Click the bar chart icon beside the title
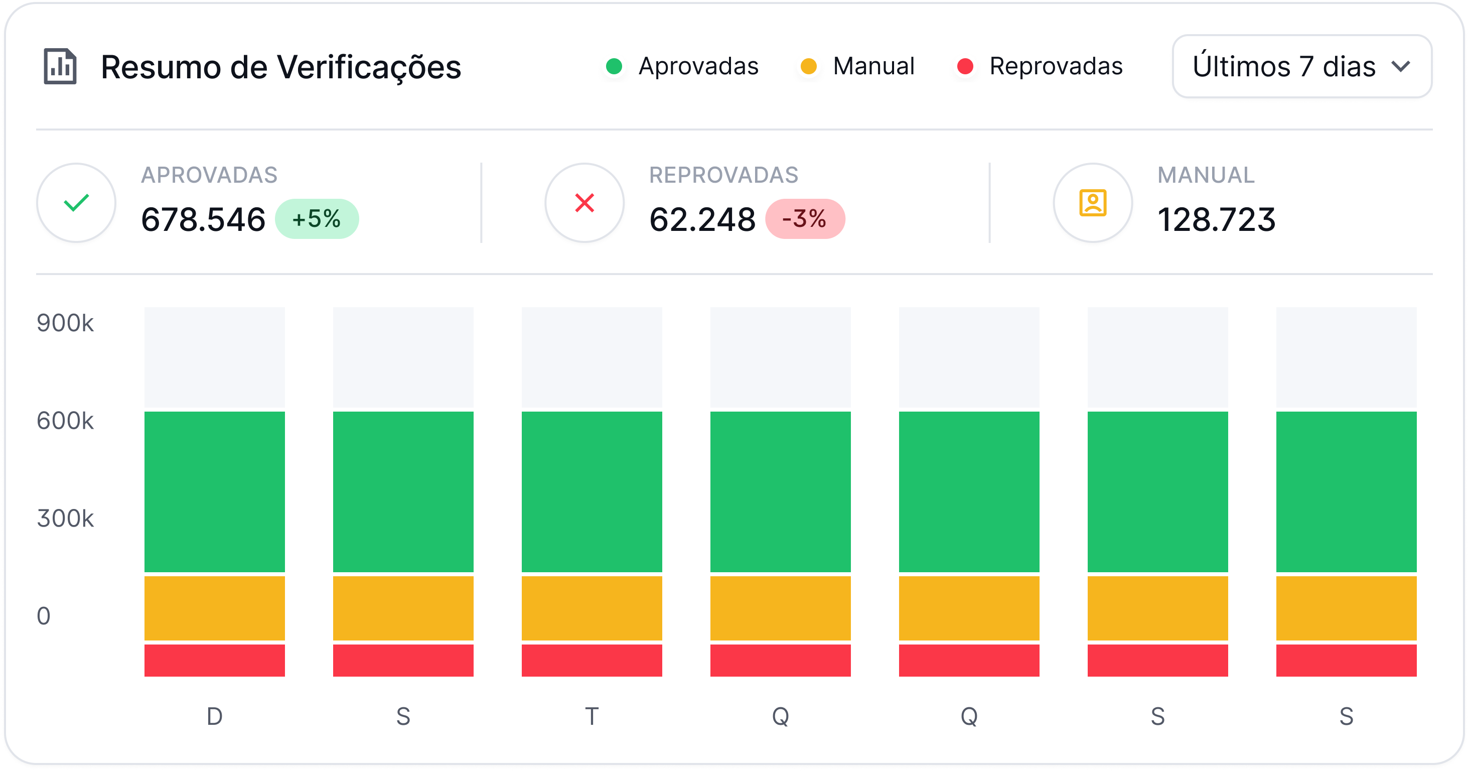tap(60, 67)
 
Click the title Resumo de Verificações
tap(280, 67)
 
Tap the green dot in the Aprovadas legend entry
tap(614, 66)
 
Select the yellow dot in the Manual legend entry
tap(808, 66)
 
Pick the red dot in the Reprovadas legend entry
tap(965, 66)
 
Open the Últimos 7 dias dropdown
tap(1301, 66)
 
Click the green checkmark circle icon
tap(76, 203)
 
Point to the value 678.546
tap(203, 220)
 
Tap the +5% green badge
tap(317, 218)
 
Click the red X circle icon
tap(584, 203)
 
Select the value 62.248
tap(702, 220)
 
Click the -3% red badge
tap(805, 218)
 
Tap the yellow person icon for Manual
tap(1093, 203)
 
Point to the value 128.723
tap(1216, 220)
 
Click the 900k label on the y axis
tap(65, 323)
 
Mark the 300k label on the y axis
tap(65, 518)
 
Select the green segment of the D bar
tap(214, 491)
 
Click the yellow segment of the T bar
tap(592, 608)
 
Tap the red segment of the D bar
tap(214, 660)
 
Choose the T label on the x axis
tap(592, 716)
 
